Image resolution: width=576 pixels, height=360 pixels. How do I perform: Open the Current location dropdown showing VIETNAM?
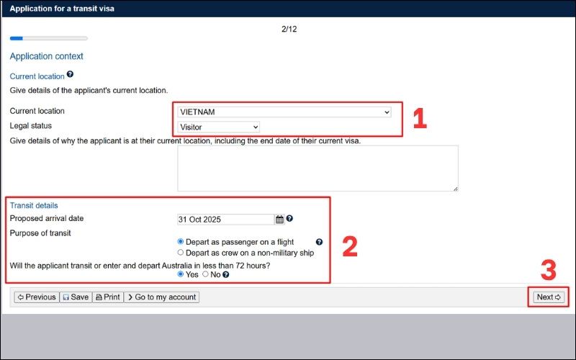point(284,112)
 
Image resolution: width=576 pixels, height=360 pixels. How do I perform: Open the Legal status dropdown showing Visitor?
point(219,127)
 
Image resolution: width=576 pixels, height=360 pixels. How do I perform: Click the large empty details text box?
point(318,168)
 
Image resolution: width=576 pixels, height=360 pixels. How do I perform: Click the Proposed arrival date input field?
point(225,220)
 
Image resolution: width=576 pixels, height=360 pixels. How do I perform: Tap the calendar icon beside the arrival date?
point(279,220)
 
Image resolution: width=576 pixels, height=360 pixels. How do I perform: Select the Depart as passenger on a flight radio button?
point(181,241)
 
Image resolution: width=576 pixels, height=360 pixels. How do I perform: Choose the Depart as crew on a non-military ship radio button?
point(181,253)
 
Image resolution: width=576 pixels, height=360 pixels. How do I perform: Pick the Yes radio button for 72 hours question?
point(181,274)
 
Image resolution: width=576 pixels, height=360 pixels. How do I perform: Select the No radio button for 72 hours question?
point(205,274)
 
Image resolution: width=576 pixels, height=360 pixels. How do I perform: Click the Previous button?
point(37,297)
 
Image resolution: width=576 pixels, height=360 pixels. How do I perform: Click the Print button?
point(108,297)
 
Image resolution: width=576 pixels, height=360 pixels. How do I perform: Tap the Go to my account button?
point(161,297)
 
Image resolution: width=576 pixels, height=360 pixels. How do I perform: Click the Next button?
point(549,297)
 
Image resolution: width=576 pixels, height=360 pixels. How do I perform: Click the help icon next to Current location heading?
point(70,74)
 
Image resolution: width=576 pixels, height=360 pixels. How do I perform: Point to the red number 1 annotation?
point(420,118)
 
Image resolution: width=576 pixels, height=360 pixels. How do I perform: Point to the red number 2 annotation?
point(350,246)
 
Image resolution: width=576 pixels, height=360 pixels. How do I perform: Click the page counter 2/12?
point(289,29)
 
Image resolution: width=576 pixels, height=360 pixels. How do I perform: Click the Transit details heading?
point(34,205)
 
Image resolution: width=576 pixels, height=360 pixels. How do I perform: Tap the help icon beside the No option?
point(226,274)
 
